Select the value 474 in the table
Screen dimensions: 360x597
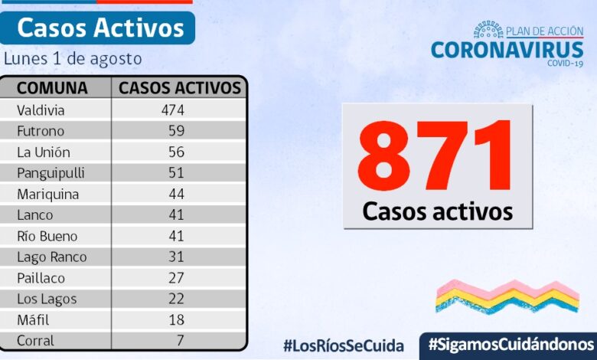(173, 110)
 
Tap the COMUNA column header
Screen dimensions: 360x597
(52, 87)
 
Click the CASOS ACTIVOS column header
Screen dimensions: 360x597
(180, 87)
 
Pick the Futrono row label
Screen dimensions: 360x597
(41, 131)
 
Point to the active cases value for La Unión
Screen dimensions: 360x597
(176, 152)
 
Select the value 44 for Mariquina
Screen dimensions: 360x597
(176, 194)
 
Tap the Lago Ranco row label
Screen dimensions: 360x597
(51, 257)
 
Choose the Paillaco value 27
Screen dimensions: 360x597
(176, 278)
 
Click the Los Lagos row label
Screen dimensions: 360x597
(47, 299)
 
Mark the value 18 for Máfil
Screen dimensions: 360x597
(176, 320)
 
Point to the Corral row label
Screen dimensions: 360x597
(35, 341)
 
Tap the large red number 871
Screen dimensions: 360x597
(436, 156)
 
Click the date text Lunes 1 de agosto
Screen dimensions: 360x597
(73, 58)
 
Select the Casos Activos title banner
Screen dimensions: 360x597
(100, 28)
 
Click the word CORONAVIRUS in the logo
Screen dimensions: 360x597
(507, 50)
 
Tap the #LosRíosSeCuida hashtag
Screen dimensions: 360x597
(344, 345)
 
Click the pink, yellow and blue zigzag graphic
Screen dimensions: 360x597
(507, 296)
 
